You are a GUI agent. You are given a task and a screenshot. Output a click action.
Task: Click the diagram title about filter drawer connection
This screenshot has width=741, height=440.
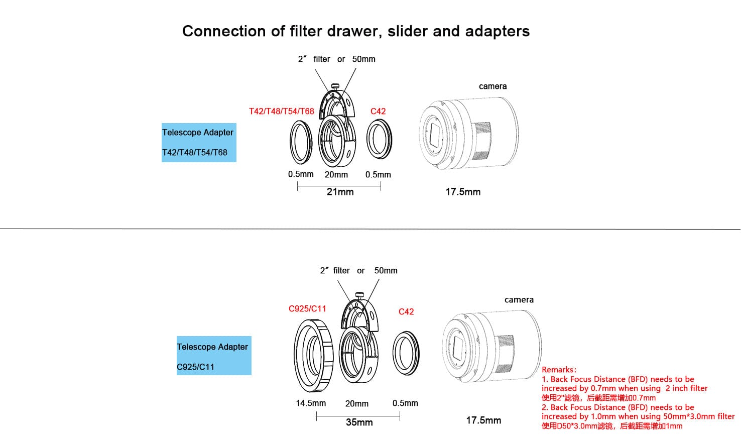[x=355, y=31]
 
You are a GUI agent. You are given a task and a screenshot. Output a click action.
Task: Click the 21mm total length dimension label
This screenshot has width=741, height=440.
[x=340, y=192]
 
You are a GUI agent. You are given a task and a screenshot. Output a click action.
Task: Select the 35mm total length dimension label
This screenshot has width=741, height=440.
[x=359, y=422]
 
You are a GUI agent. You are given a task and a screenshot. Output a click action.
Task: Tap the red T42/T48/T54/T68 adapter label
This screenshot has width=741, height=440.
[x=281, y=112]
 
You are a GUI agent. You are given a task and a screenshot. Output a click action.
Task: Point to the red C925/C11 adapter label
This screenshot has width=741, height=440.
[x=307, y=309]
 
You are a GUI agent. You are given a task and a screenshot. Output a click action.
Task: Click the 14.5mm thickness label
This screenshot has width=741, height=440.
[x=311, y=403]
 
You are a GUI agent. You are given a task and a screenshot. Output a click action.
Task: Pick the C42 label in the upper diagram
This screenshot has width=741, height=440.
[x=378, y=112]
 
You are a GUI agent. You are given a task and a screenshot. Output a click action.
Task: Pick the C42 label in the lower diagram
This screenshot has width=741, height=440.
[x=406, y=312]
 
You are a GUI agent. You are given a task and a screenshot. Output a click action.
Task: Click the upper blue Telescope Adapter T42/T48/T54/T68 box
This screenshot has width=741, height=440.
[x=199, y=143]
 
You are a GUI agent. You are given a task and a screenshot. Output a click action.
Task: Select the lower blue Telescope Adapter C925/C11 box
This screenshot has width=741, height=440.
[x=214, y=356]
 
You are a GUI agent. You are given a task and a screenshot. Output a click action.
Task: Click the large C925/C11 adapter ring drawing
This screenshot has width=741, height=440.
[x=313, y=356]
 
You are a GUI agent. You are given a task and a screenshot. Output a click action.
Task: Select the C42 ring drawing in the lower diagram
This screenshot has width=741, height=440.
[x=406, y=353]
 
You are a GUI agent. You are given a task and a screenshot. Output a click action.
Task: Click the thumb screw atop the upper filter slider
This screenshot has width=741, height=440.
[x=335, y=86]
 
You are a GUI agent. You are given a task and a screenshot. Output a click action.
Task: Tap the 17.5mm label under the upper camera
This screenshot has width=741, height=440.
[x=463, y=192]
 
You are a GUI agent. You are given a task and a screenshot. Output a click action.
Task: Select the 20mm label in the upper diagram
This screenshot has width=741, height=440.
[x=336, y=175]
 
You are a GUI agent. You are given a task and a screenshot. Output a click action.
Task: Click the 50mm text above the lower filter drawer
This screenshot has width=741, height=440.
[x=386, y=271]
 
